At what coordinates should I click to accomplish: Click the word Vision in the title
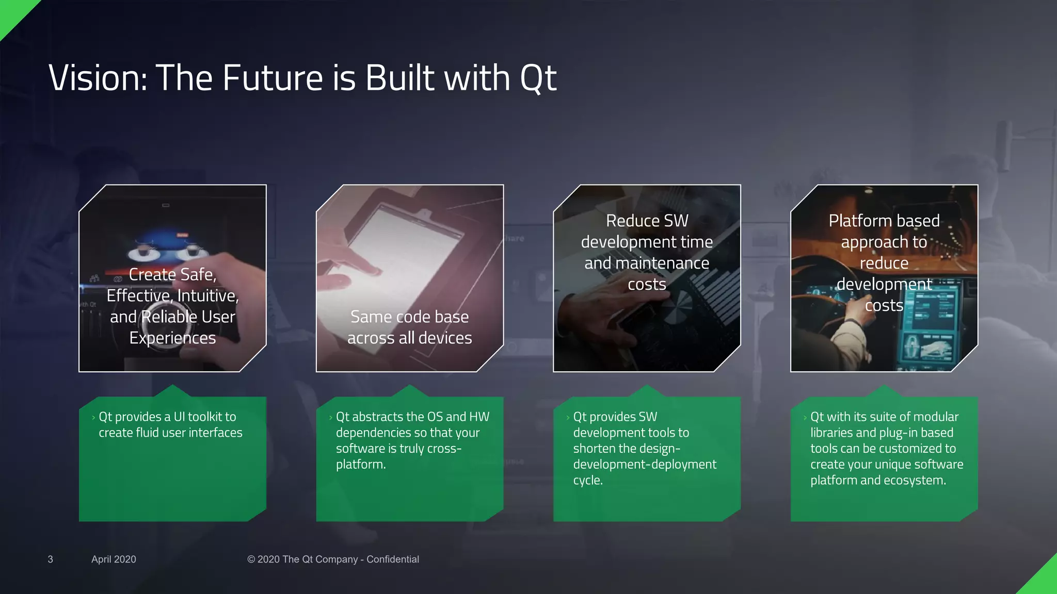pos(98,78)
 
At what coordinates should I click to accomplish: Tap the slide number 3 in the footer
pos(50,559)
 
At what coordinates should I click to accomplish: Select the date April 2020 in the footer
pos(114,559)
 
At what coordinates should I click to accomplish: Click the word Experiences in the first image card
pos(172,338)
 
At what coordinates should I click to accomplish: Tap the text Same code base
pos(409,317)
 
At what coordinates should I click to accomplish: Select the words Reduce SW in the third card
pos(647,221)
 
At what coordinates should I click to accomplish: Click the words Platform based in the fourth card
pos(884,221)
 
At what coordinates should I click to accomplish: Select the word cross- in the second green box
pos(444,449)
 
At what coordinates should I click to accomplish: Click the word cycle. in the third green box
pos(587,481)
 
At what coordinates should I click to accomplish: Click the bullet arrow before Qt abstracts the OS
pos(330,418)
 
